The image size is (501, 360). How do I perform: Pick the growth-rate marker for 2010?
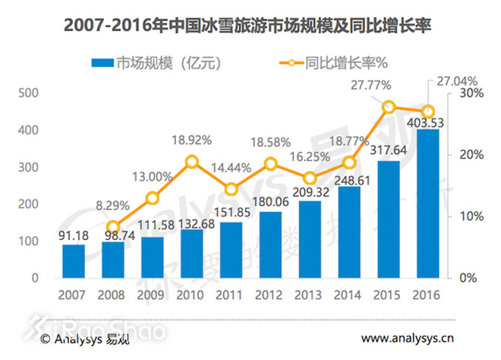click(191, 161)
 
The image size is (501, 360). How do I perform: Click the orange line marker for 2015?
click(389, 107)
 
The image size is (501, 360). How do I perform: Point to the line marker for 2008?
click(113, 226)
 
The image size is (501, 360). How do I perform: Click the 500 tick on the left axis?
click(28, 93)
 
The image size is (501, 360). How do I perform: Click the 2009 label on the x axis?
click(152, 295)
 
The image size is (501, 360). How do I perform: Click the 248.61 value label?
click(349, 178)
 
